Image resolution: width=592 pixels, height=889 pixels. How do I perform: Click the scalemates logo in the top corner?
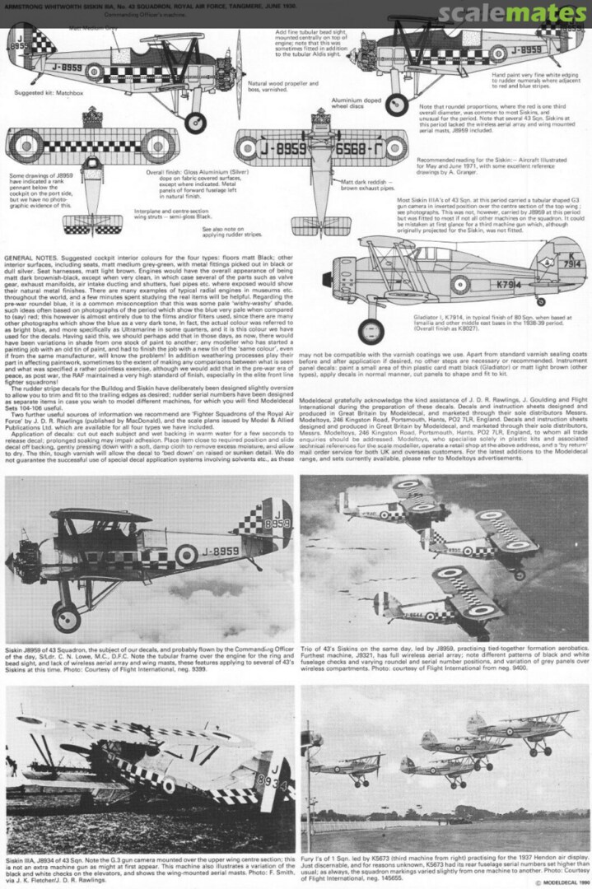512,13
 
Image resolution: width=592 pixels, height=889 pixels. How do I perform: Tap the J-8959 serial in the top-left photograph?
213,552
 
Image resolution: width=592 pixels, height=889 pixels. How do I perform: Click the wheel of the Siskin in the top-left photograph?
66,616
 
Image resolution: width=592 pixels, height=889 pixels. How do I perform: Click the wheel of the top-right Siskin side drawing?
397,104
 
